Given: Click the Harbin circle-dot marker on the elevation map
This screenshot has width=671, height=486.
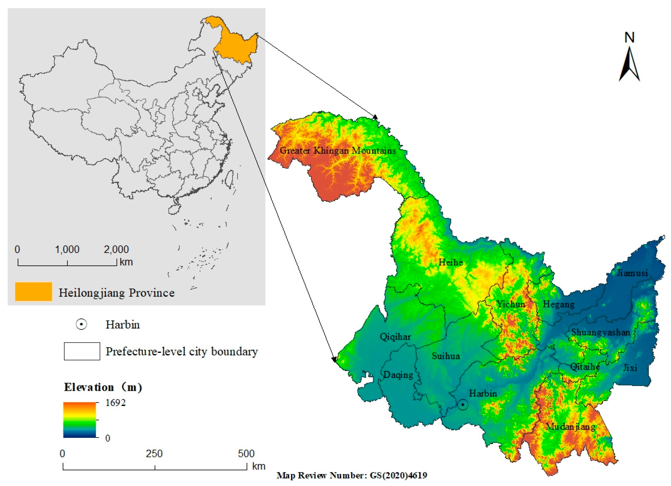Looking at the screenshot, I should pos(463,405).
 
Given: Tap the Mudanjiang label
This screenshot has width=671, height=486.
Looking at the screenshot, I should pos(570,427).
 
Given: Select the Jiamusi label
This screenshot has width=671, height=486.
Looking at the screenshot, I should pos(632,273).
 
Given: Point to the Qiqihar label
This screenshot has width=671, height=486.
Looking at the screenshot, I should pos(395,337).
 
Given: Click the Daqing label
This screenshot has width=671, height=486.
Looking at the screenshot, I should pos(398,375).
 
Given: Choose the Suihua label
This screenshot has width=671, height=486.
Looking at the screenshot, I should pos(446,356).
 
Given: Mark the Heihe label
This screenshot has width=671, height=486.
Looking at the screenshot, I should pos(451,262).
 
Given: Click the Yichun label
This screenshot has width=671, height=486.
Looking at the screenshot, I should pos(511,304).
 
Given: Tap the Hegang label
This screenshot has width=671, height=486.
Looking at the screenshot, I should pos(559,304).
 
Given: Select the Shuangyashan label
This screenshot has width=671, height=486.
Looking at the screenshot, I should pos(601,332).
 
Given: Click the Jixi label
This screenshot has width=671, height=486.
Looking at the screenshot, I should pos(630,368).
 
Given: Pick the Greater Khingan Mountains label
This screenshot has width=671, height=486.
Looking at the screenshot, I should pos(337,150).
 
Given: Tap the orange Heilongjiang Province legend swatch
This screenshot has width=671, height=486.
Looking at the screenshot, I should pos(33,292).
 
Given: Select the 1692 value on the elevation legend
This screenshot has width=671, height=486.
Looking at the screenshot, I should pos(115,403).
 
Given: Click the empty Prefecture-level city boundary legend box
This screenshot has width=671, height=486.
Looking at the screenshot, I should pos(82,351).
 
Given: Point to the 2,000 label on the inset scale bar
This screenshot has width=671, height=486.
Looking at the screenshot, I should pos(116,249).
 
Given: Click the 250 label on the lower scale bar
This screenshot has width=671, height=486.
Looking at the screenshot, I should pos(154,454).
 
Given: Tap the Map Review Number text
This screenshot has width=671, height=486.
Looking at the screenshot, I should pos(352,475).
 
